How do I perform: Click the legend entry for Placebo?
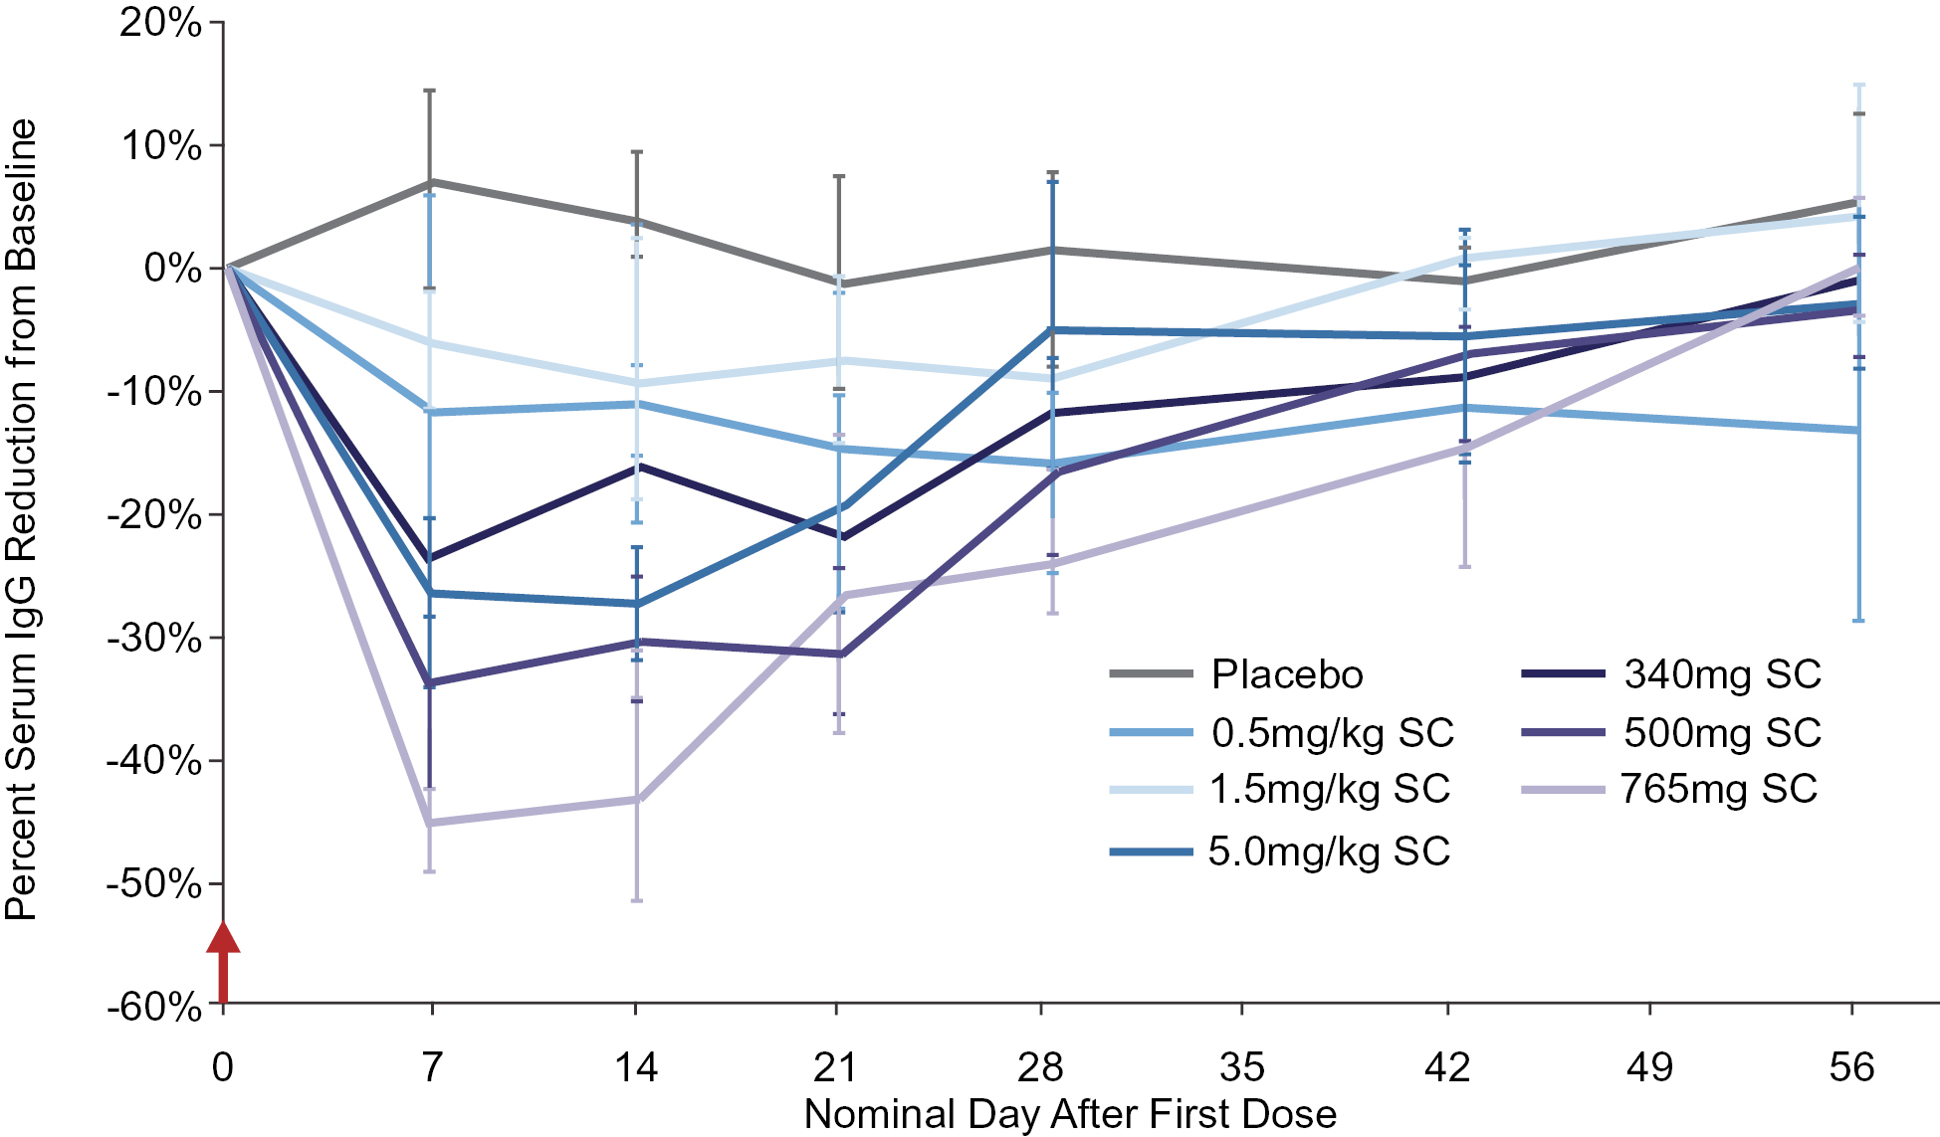tap(1286, 674)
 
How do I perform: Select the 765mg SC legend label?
tap(1719, 789)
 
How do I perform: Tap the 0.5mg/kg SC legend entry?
tap(1332, 733)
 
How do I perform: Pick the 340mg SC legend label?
tap(1722, 674)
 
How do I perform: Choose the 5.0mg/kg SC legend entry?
tap(1329, 852)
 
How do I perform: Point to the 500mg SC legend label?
tap(1722, 733)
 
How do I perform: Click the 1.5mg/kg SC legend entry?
tap(1329, 789)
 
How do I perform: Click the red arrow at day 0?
tap(223, 961)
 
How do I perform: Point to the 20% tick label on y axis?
tap(160, 23)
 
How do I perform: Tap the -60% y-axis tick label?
tap(154, 1007)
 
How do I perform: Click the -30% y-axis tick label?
tap(154, 638)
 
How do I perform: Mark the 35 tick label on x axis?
tap(1241, 1067)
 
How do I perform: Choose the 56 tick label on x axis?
tap(1851, 1067)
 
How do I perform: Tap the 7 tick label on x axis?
tap(431, 1067)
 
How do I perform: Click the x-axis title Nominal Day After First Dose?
tap(1070, 1114)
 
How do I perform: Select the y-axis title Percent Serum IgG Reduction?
tap(21, 517)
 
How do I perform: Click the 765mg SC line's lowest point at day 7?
tap(430, 823)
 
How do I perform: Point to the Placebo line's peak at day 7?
tap(431, 182)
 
